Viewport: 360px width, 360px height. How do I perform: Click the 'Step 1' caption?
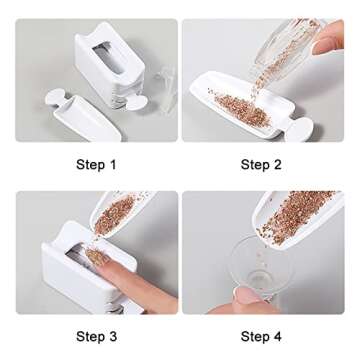click(x=96, y=164)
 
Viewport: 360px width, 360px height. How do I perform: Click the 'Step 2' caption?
click(x=261, y=164)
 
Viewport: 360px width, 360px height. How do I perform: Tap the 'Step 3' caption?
click(x=96, y=336)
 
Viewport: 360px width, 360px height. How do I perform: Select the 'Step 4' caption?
click(x=261, y=336)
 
